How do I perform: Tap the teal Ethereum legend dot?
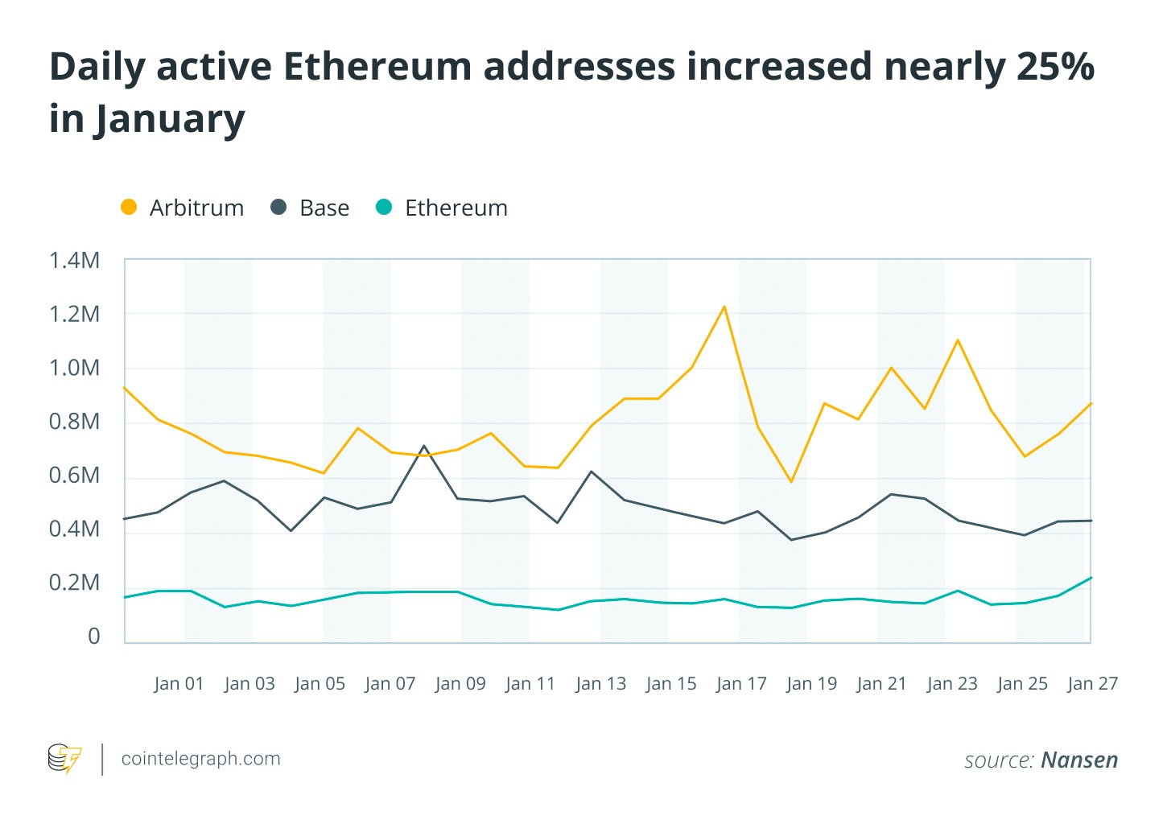(385, 207)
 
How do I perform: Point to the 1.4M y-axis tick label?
(74, 260)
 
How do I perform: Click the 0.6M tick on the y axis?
(74, 475)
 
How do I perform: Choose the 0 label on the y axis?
(93, 636)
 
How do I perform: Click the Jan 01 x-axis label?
(179, 683)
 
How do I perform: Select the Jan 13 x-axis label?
(600, 683)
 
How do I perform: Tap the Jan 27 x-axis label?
(1092, 683)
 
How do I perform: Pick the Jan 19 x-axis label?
(811, 683)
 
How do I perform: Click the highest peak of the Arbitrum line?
(724, 307)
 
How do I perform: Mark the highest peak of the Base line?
(424, 446)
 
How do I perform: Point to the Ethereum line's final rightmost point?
(1091, 578)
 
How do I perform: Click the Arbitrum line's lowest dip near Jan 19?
(792, 481)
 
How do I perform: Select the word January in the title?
(170, 119)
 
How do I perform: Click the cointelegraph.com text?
(200, 758)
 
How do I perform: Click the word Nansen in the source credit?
(1079, 760)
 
